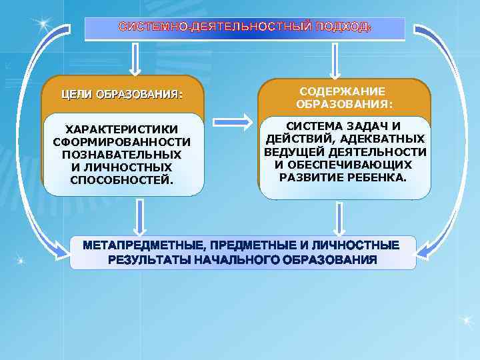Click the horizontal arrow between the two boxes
click(231, 122)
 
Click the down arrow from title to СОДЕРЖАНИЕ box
click(335, 61)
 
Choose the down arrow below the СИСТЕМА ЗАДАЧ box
click(340, 218)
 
